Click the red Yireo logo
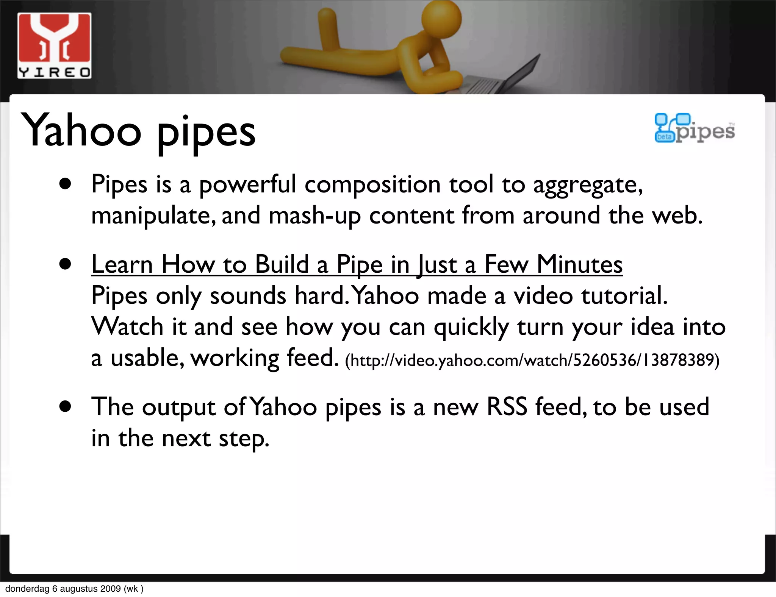54,45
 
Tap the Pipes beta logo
694,128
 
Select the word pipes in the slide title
206,133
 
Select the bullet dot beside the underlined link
66,264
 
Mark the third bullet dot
66,406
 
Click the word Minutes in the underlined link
579,264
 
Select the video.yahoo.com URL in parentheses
532,360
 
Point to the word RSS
507,407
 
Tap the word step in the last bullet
243,439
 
